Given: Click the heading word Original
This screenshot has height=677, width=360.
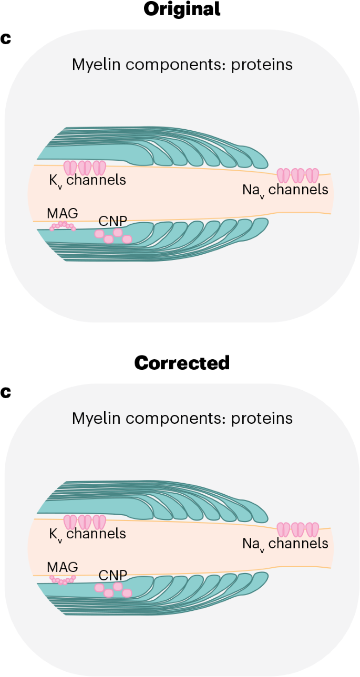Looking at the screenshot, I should pos(182,9).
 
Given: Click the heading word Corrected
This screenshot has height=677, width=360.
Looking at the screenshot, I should pos(182,363).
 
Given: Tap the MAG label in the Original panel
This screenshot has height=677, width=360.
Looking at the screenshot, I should pos(62,213).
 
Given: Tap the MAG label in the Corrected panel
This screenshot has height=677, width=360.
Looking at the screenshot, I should pos(62,567).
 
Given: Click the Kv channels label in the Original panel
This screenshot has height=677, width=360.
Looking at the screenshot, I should pos(87,180).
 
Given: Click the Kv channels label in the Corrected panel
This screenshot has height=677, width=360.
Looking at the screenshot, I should pos(87,534).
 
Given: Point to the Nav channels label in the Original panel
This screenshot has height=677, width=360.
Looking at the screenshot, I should pos(285,190).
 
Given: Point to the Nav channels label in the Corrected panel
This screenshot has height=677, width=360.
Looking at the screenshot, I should pos(285,544).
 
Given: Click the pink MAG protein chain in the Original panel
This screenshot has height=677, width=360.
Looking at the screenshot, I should pos(63,226).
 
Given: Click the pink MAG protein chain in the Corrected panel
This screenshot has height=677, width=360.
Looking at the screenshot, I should pos(63,579).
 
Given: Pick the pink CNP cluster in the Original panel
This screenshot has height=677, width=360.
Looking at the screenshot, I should pos(113,235).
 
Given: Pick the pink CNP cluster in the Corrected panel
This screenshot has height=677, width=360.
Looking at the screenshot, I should pos(113,589).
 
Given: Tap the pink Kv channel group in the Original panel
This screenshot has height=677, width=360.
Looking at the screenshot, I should pos(85,168).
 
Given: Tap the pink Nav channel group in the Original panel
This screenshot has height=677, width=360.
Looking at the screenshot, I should pos(298,175).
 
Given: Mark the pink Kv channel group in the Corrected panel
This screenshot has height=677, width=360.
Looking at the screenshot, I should pos(85,522).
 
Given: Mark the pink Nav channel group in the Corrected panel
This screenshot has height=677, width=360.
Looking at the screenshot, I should pos(298,529).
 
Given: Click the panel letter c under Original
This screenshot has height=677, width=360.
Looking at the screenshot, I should pos(6,39).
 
